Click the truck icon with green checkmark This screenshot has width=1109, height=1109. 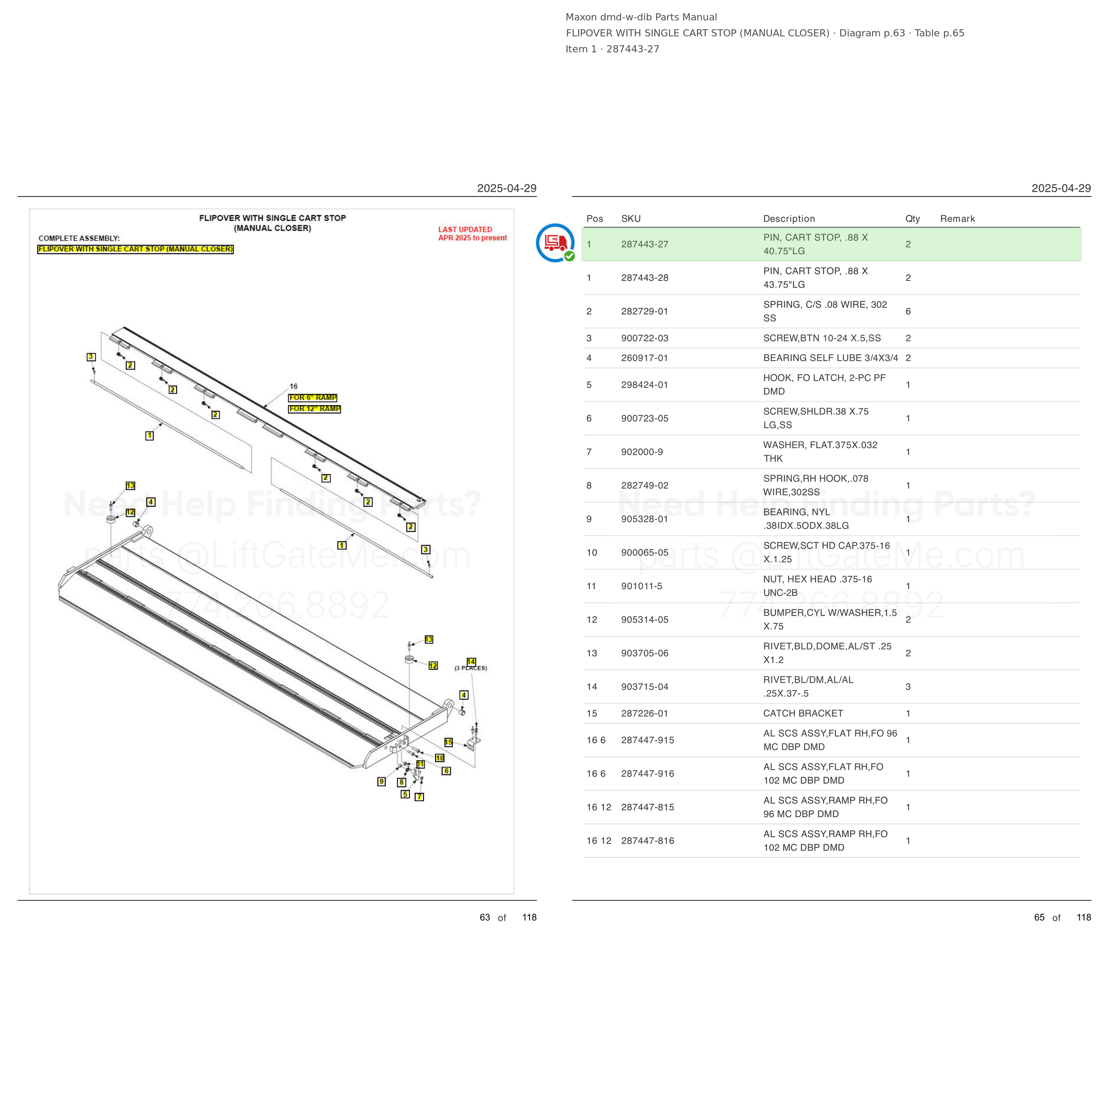(555, 243)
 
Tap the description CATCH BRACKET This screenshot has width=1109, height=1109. (803, 713)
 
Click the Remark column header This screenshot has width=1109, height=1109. (957, 219)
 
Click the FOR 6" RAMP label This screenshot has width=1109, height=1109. (313, 398)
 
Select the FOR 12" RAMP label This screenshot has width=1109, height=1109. (315, 409)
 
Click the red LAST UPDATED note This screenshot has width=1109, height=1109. (472, 234)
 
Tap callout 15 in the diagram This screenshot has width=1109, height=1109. (448, 742)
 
